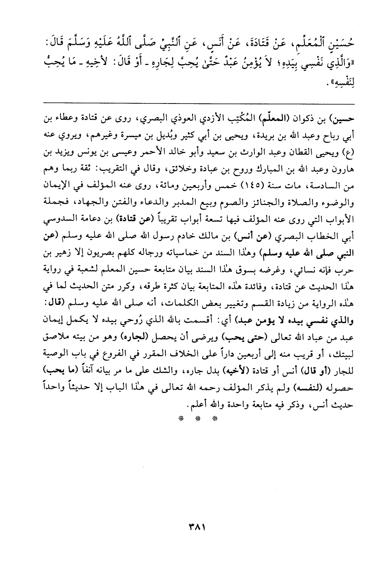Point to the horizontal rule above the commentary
click(x=193, y=102)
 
